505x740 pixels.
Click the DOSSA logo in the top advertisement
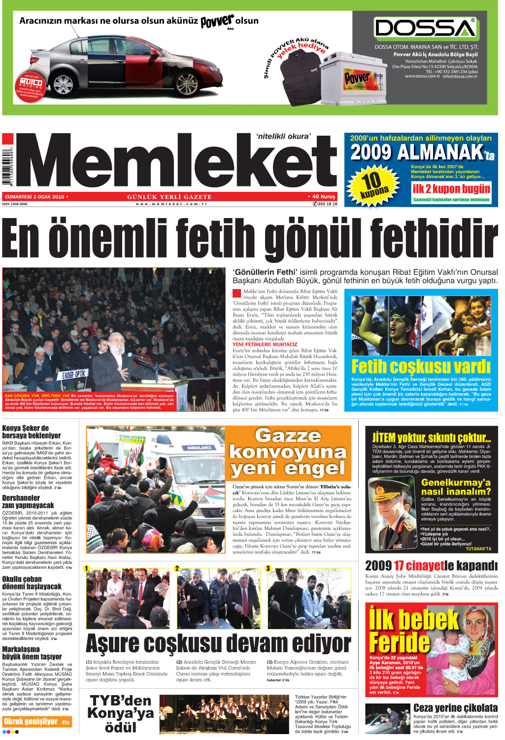pyautogui.click(x=425, y=28)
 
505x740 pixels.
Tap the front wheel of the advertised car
pyautogui.click(x=187, y=84)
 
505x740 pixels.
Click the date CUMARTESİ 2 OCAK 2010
pyautogui.click(x=36, y=196)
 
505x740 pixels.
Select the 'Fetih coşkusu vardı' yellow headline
pyautogui.click(x=421, y=367)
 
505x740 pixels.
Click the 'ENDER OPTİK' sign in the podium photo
pyautogui.click(x=74, y=375)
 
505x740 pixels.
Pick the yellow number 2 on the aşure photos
pyautogui.click(x=177, y=568)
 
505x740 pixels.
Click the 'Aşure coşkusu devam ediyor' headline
pyautogui.click(x=218, y=644)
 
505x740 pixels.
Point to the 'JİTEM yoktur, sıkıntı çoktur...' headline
pyautogui.click(x=431, y=438)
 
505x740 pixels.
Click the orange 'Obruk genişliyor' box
pyautogui.click(x=37, y=722)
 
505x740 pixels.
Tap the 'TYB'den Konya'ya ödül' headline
pyautogui.click(x=121, y=713)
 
